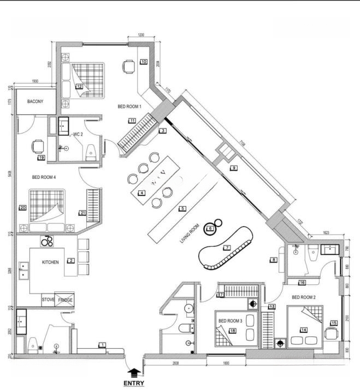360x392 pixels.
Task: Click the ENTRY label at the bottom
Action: (x=133, y=383)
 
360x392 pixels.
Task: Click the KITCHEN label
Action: (x=50, y=262)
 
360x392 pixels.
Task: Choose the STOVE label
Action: (x=48, y=300)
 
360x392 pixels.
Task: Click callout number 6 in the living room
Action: (x=209, y=229)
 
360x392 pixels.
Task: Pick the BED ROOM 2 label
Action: (x=303, y=297)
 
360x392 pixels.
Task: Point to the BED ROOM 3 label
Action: (x=229, y=321)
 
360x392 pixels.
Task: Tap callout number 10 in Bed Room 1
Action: (x=144, y=62)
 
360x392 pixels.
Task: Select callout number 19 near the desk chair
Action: (x=41, y=157)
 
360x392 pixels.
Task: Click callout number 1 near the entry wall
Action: (x=102, y=345)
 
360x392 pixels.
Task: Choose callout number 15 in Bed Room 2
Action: (x=333, y=323)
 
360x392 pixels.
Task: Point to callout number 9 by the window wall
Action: (x=233, y=168)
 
